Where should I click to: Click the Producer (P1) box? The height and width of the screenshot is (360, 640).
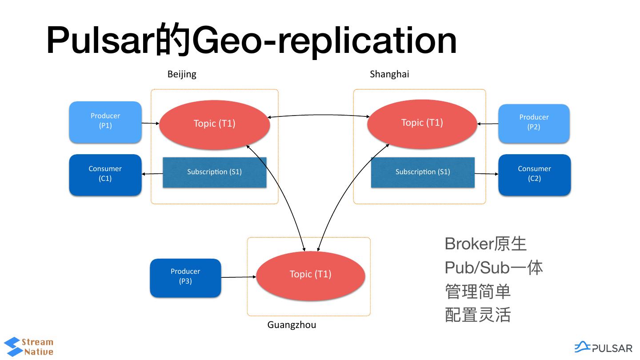[x=105, y=122]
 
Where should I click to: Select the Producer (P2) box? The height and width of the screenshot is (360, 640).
[x=534, y=123]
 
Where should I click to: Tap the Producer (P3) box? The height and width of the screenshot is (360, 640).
[x=185, y=277]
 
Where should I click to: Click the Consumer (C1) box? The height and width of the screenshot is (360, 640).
[x=105, y=174]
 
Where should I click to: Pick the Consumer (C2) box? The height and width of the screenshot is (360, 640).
[x=534, y=174]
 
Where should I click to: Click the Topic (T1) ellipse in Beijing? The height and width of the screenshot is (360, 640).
[x=214, y=124]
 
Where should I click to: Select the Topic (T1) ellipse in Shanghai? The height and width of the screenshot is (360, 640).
[x=422, y=123]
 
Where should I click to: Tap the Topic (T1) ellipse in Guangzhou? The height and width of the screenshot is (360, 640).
[x=310, y=275]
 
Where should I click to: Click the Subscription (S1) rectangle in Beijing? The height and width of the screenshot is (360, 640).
[x=214, y=172]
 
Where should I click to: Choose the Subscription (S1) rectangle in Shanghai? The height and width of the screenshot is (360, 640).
[x=422, y=172]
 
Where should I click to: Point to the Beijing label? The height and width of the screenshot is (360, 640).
[x=182, y=74]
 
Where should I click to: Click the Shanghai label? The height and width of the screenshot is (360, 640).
[x=389, y=74]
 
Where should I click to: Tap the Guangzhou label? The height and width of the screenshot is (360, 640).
[x=292, y=325]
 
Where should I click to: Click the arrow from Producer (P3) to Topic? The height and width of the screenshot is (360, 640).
[x=238, y=277]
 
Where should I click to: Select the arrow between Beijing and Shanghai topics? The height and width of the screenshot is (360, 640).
[x=318, y=116]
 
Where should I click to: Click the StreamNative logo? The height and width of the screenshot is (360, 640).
[x=28, y=347]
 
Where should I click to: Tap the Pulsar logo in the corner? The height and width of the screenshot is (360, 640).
[x=603, y=347]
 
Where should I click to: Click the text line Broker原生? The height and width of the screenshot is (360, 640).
[x=485, y=244]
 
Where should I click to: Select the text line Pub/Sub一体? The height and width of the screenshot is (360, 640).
[x=493, y=268]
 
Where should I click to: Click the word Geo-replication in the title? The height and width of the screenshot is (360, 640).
[x=324, y=41]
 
